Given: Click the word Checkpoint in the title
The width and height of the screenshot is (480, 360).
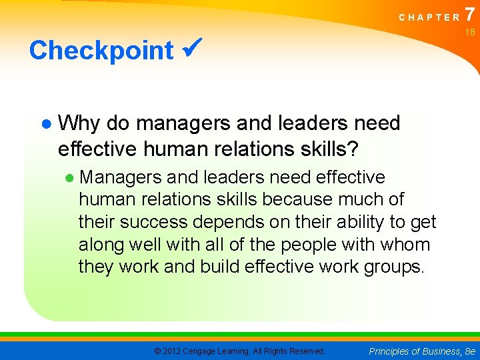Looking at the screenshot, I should click(101, 51).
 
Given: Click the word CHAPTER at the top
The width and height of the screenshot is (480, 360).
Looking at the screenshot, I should click(429, 17).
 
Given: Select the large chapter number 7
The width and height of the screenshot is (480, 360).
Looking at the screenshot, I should click(471, 13).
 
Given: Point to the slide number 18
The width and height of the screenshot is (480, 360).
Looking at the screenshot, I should click(470, 32).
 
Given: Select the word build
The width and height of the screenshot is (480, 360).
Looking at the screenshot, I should click(217, 267).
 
